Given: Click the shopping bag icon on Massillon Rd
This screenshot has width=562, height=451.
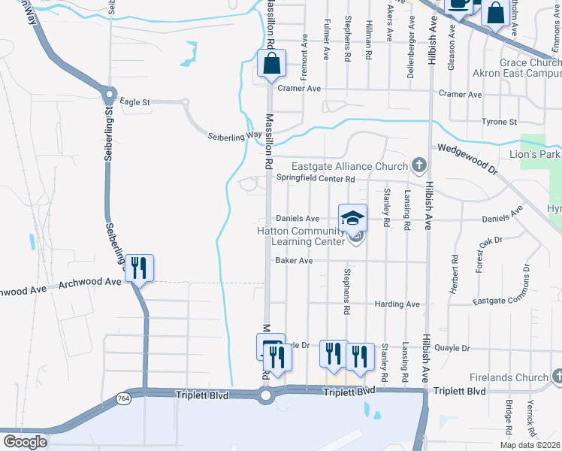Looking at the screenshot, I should [271, 64].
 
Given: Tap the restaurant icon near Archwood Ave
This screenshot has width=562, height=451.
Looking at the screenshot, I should [139, 268].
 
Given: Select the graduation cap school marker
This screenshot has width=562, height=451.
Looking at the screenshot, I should [352, 218].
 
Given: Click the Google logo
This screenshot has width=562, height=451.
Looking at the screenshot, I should [24, 441].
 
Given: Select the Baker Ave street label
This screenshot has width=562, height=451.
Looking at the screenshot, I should [293, 261].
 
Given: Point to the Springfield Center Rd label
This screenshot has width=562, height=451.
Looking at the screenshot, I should [315, 179].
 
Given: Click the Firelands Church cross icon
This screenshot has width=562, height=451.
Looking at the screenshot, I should [557, 375].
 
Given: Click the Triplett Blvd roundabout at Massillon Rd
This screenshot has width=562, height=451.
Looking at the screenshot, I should [265, 395].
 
